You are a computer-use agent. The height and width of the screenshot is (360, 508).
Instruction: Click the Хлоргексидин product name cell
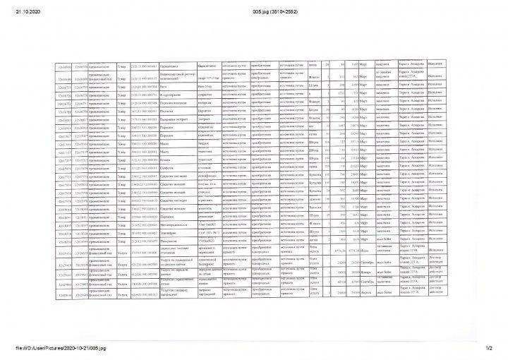175,93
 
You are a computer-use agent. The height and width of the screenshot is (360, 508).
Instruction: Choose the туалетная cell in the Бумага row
207,161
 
